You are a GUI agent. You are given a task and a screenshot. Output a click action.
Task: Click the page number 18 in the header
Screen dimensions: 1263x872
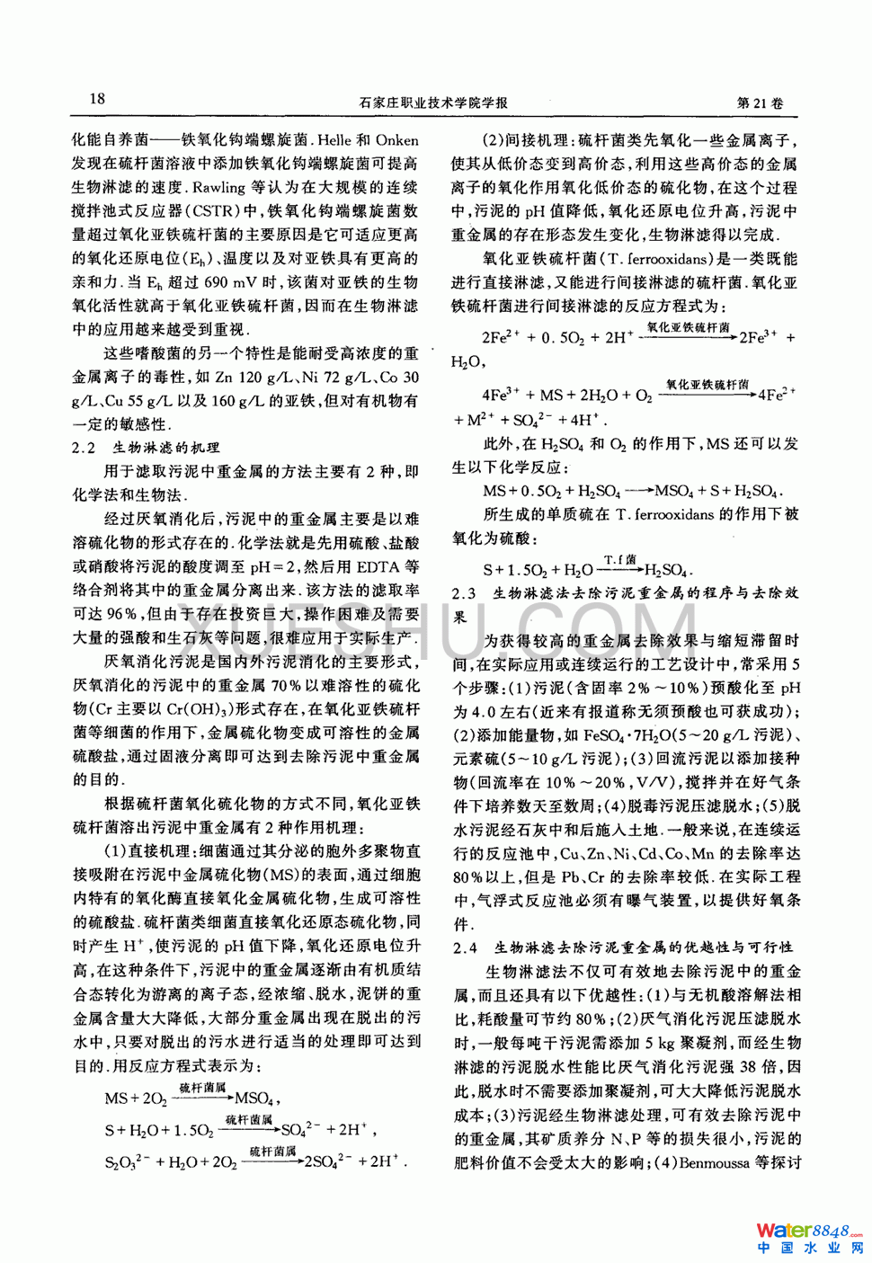coord(97,99)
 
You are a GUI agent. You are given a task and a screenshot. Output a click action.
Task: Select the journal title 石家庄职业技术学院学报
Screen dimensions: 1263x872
coord(433,102)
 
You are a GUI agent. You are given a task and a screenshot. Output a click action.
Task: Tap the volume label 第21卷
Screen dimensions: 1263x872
coord(760,102)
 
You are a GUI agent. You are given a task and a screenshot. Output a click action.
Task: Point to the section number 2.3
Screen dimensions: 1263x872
coord(464,594)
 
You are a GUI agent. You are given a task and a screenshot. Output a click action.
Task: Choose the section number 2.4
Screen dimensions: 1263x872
coord(465,947)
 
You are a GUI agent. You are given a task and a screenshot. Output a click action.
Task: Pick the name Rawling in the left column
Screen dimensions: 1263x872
coord(219,188)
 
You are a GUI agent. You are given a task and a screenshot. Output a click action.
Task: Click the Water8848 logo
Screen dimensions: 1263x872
coord(808,1230)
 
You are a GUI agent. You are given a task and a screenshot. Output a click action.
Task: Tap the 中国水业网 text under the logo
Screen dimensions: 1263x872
coord(809,1249)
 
